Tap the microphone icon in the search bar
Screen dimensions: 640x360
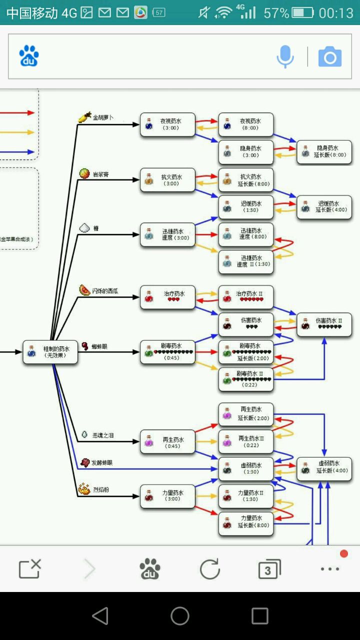coord(285,56)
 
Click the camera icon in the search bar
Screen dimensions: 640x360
coord(330,56)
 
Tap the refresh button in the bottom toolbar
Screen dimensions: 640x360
coord(209,569)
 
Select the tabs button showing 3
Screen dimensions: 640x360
coord(269,569)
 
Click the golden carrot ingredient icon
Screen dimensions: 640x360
coord(84,117)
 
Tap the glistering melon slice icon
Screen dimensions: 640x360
coord(84,290)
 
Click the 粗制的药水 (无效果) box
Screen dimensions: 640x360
coord(50,352)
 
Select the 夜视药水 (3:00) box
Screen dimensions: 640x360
coord(167,124)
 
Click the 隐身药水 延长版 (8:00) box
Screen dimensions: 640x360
coord(324,152)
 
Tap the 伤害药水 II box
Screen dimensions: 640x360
coord(324,324)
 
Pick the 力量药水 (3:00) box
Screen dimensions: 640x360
coord(167,496)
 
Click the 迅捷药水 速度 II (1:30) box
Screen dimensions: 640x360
coord(246,261)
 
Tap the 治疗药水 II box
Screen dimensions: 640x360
coord(246,297)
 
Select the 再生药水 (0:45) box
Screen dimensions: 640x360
coord(167,442)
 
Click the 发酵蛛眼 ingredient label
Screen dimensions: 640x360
coord(102,463)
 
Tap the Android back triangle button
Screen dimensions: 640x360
coord(100,616)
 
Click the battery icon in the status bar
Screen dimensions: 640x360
coord(303,13)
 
